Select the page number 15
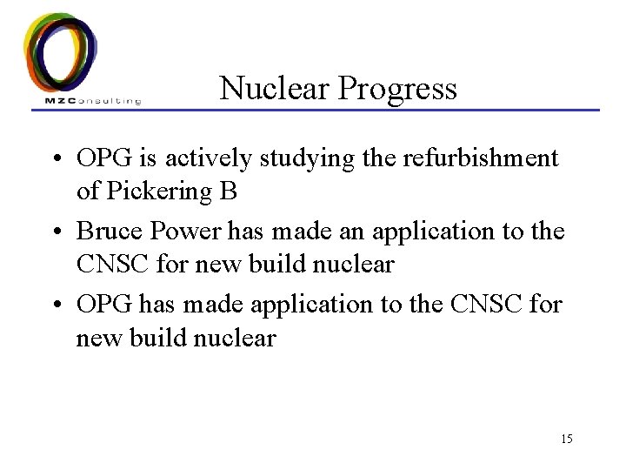[x=566, y=438]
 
